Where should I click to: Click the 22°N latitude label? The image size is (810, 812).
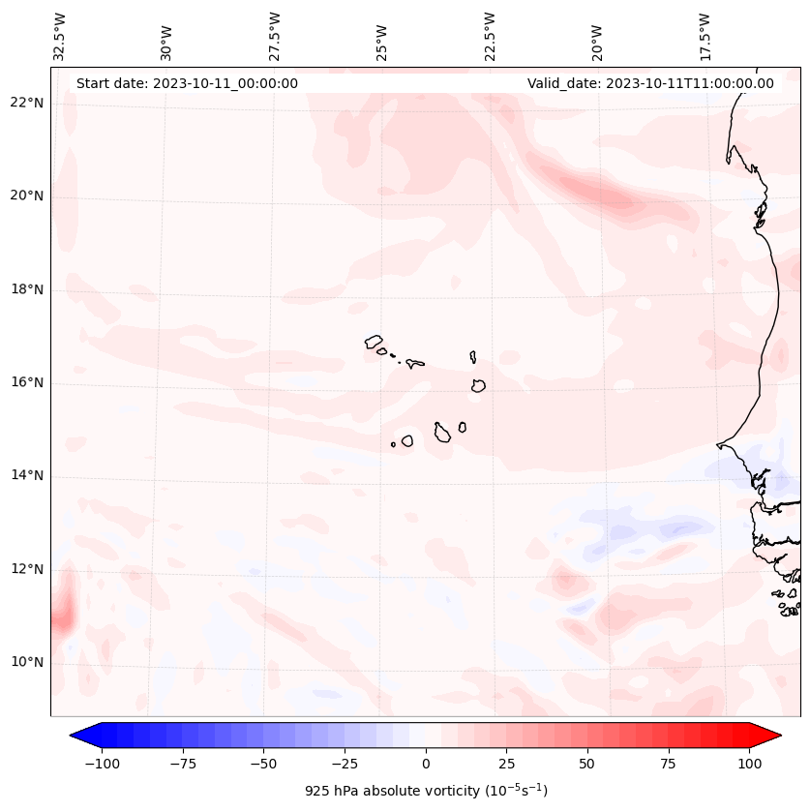[28, 103]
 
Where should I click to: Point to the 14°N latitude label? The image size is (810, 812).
[28, 475]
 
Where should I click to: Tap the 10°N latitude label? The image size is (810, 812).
[28, 662]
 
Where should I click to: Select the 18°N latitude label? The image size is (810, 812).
[28, 289]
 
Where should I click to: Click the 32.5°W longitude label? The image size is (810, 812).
[60, 36]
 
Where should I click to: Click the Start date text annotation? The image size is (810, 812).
[187, 83]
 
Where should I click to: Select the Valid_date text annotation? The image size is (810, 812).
[650, 83]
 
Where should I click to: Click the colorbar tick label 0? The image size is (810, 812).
[426, 764]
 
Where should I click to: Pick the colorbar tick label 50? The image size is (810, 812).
[587, 764]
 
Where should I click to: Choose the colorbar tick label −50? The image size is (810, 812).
[262, 764]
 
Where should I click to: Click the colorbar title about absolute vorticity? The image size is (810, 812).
[426, 791]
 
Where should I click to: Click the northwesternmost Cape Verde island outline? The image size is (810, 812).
[374, 342]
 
